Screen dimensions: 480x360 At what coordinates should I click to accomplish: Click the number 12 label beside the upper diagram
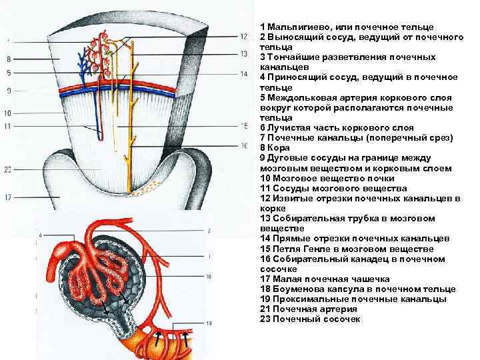pos(243,37)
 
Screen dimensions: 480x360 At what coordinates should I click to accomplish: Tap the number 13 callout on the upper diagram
pos(243,53)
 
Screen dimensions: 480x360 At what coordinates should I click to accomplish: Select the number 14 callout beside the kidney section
pos(243,73)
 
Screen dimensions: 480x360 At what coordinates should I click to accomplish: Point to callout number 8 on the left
pos(8,59)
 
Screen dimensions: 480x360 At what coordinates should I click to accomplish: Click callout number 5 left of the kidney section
pos(8,73)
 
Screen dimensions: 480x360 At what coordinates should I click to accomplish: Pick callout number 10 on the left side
pos(8,113)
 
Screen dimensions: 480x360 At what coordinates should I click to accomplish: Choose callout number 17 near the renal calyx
pos(8,197)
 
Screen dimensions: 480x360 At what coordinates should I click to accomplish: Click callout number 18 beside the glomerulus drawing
pos(209,275)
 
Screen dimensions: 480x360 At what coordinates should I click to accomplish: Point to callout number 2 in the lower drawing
pos(209,231)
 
